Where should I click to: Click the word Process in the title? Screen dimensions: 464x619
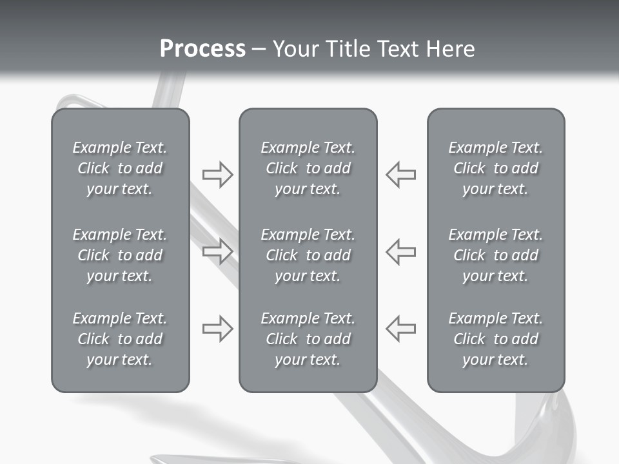pyautogui.click(x=202, y=49)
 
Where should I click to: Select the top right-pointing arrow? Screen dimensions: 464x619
pyautogui.click(x=218, y=175)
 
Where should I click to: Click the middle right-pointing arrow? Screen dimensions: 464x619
pyautogui.click(x=218, y=251)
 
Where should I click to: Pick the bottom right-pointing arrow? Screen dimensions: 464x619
pyautogui.click(x=218, y=329)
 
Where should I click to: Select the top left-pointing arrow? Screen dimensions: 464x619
pyautogui.click(x=400, y=175)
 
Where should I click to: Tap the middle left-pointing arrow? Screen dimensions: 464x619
pyautogui.click(x=400, y=251)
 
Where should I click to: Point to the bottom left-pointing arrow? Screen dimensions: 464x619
pyautogui.click(x=400, y=329)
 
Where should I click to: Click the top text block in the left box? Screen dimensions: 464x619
pyautogui.click(x=120, y=168)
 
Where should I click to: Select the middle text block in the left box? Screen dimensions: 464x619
pyautogui.click(x=120, y=255)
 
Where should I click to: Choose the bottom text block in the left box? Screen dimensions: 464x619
pyautogui.click(x=120, y=339)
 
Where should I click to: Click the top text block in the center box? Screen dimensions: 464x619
pyautogui.click(x=308, y=168)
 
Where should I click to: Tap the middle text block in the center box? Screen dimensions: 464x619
pyautogui.click(x=308, y=255)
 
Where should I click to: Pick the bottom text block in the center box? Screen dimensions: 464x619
pyautogui.click(x=308, y=339)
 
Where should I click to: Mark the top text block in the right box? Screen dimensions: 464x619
pyautogui.click(x=495, y=168)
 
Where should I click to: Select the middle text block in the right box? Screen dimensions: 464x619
pyautogui.click(x=495, y=255)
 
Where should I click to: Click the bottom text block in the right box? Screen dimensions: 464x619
pyautogui.click(x=495, y=339)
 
